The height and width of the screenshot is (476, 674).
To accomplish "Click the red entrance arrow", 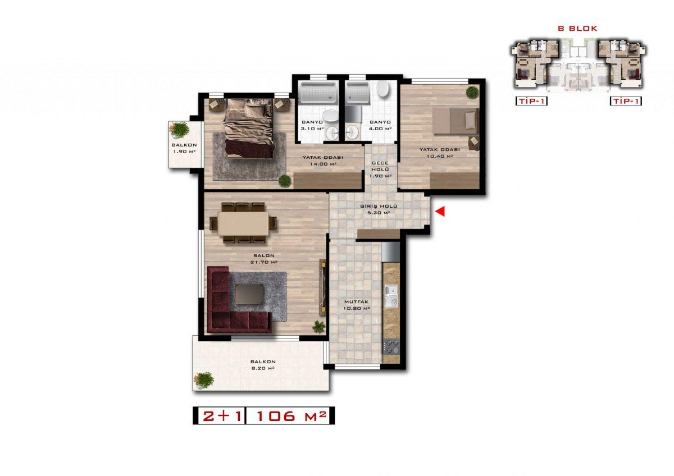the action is point(440,212).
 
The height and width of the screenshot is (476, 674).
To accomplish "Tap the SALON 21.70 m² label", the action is point(264,259).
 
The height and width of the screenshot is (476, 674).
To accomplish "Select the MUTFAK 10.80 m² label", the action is point(356,305).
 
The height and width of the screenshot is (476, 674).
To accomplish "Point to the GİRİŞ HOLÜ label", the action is point(379,206).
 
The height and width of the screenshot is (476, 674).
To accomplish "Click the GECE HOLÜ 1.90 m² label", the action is point(380,170).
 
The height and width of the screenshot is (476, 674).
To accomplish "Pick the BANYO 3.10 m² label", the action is point(312,125).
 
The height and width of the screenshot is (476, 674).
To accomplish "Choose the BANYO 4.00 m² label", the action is point(380,125).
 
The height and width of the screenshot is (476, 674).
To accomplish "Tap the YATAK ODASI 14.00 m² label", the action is point(323,161).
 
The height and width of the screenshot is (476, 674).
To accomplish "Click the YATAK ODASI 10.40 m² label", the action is point(440,153).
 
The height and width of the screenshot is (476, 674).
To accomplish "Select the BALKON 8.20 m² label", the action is point(263,365).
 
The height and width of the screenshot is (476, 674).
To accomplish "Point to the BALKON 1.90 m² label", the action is point(184,148).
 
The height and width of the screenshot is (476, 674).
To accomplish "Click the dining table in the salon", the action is point(243,223).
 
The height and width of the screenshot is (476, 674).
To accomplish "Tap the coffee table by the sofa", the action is point(250,294).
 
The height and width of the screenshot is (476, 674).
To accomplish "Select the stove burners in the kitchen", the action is point(391,346).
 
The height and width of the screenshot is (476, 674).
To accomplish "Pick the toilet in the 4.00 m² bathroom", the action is point(382,88).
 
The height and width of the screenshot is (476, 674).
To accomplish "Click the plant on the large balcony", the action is point(204,381).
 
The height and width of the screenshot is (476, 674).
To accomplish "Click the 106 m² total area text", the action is point(292,416).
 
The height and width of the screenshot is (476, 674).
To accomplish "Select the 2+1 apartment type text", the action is point(222,416).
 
